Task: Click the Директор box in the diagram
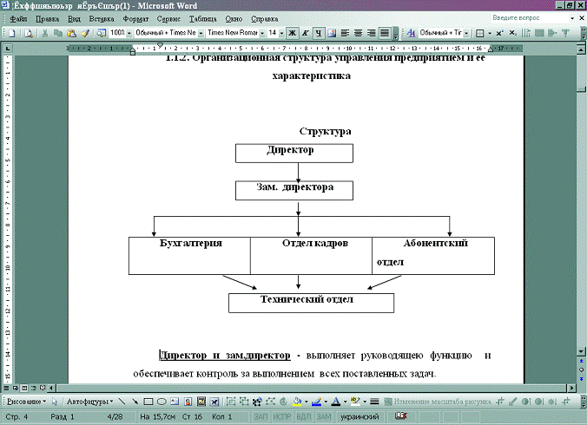(x=294, y=153)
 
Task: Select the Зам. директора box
(x=294, y=190)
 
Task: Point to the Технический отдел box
(x=311, y=302)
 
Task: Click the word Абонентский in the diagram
(x=435, y=244)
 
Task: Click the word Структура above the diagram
(x=326, y=131)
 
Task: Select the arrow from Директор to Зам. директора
(x=297, y=172)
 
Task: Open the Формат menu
(x=135, y=18)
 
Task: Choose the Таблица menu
(x=203, y=18)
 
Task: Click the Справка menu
(x=264, y=18)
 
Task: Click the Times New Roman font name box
(x=233, y=33)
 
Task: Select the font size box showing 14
(x=274, y=33)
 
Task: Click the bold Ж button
(x=293, y=33)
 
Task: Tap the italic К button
(x=306, y=33)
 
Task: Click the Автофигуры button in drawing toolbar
(x=88, y=402)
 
